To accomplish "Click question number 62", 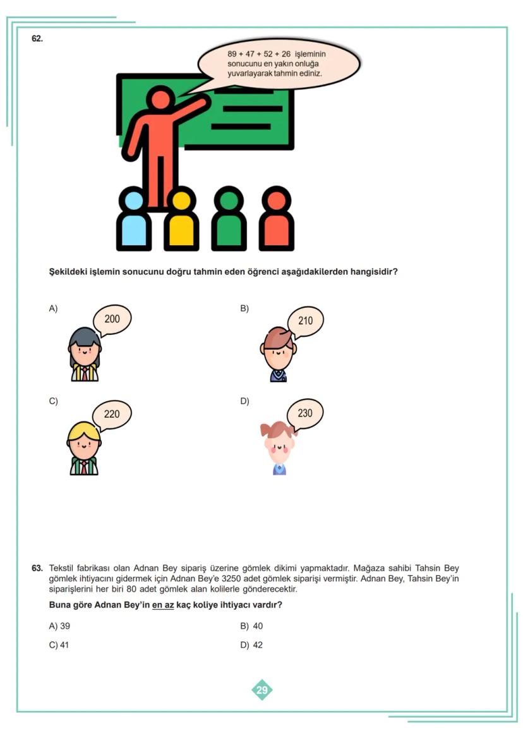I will (37, 39).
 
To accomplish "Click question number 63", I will (37, 568).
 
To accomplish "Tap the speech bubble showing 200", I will (112, 320).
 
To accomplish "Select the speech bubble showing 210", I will (305, 321).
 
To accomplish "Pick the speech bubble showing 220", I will (112, 415).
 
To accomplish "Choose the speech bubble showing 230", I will (305, 413).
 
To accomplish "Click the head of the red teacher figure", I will (160, 100).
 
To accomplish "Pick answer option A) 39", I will (59, 626).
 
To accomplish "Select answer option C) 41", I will (59, 645).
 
